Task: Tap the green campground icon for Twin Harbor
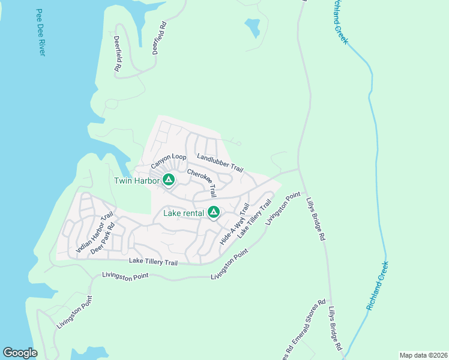coord(169,179)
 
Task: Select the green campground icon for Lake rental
coord(213,212)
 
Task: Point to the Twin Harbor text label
coord(137,180)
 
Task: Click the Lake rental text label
coord(184,212)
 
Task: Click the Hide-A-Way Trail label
coord(235,223)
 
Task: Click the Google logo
coord(20,353)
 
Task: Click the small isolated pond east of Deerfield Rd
coord(252,27)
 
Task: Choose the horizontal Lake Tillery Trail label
coord(154,262)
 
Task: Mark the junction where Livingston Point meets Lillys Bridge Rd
coord(300,170)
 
